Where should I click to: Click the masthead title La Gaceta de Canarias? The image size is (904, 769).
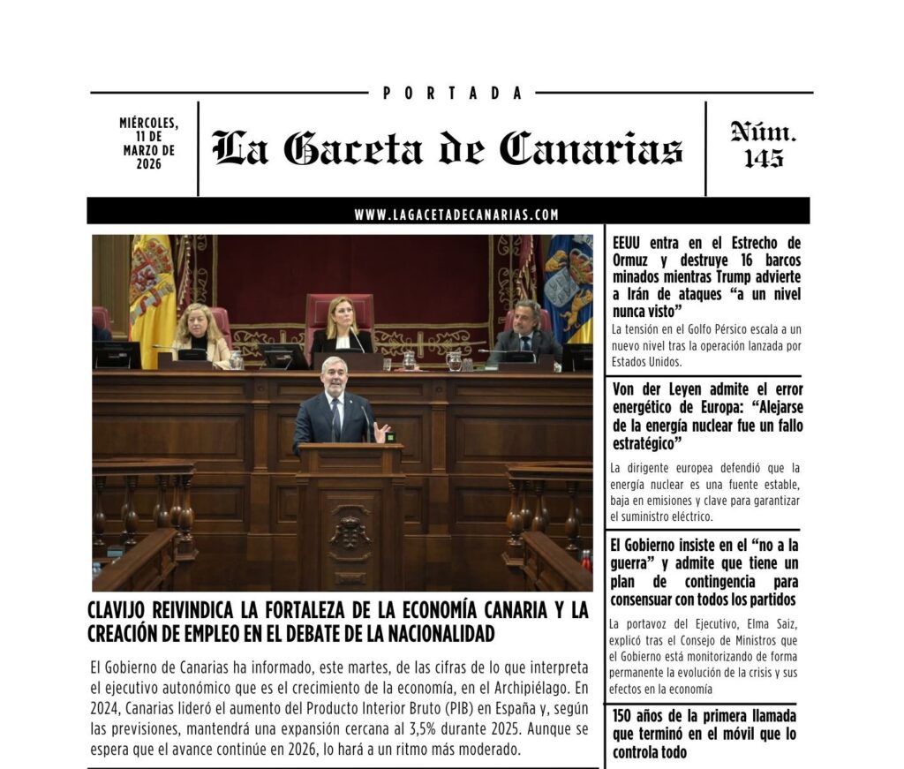(448, 148)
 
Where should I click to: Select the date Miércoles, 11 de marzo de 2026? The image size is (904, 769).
(148, 143)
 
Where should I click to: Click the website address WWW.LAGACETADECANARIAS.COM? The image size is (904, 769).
(456, 215)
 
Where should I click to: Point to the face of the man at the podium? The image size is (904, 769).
(335, 372)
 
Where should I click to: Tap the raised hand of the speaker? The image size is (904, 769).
(381, 432)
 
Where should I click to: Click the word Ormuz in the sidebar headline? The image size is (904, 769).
(632, 261)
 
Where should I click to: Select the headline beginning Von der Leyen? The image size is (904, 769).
(706, 415)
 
